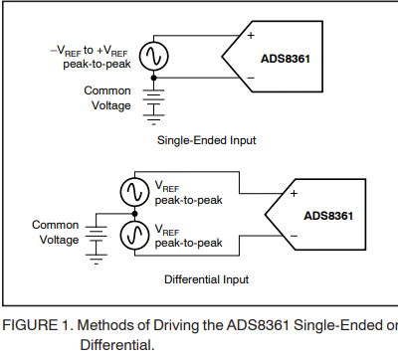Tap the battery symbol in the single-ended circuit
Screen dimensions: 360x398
pos(153,98)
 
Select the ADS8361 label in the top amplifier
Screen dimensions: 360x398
pos(287,59)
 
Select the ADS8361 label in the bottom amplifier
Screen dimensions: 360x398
pos(329,216)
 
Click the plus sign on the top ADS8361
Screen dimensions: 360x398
pos(237,36)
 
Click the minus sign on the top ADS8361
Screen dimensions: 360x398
pos(237,76)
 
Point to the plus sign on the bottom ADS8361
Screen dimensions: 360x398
pos(294,193)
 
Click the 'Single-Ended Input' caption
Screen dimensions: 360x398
pos(207,140)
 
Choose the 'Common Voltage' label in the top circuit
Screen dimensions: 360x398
pos(107,97)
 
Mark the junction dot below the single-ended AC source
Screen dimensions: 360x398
pos(153,76)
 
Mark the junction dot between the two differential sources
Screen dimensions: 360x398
pos(135,213)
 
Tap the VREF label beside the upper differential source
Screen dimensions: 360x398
pos(166,185)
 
